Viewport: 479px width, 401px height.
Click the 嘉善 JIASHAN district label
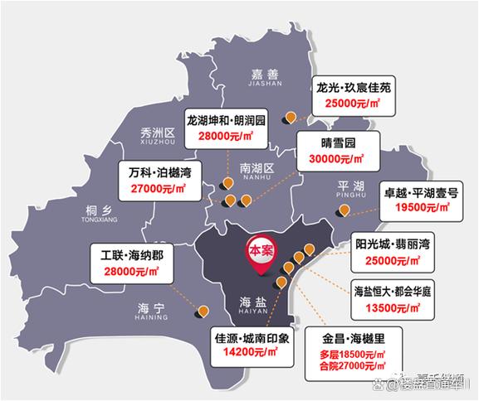point(266,76)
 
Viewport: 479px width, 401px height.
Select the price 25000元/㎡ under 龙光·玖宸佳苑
point(352,103)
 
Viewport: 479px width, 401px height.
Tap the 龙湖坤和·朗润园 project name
point(226,119)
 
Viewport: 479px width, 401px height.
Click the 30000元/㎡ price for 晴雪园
point(336,158)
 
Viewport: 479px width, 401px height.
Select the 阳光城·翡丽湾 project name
point(393,245)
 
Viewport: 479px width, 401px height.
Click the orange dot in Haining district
point(203,312)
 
